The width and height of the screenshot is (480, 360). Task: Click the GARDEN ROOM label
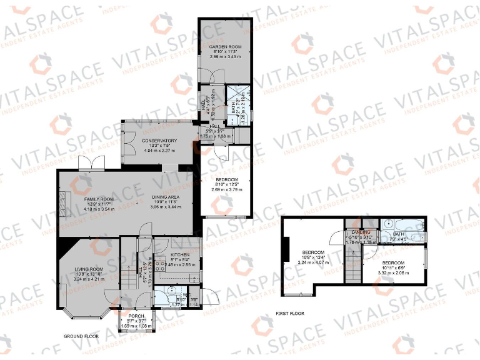tap(225, 47)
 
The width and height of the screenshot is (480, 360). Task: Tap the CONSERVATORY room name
tap(159, 141)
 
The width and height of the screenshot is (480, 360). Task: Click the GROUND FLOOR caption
tap(81, 336)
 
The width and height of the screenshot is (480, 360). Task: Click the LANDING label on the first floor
tap(361, 232)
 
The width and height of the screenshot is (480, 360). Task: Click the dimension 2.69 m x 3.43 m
tap(225, 57)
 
